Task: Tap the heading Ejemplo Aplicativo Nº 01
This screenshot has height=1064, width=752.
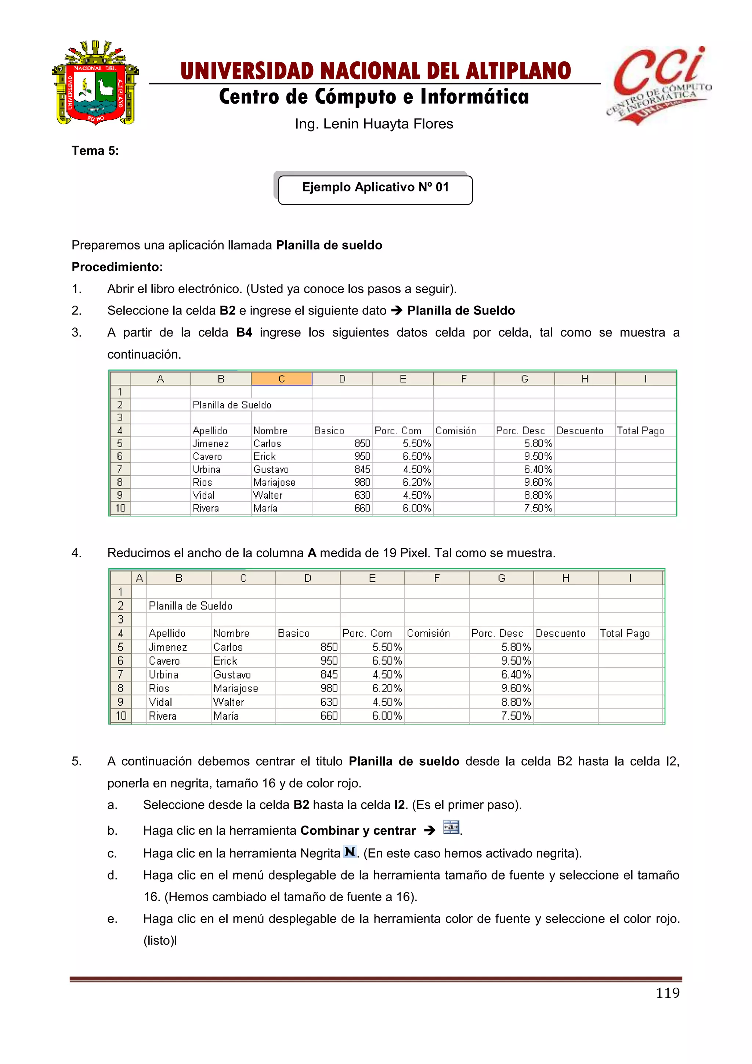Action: [x=375, y=188]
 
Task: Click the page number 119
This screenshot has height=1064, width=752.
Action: [x=667, y=993]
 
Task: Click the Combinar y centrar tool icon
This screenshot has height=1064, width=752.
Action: [x=451, y=827]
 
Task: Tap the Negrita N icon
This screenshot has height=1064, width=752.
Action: [x=350, y=851]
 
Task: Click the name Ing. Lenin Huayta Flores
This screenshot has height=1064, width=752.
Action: [x=374, y=124]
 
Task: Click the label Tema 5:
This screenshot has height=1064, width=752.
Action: [x=95, y=151]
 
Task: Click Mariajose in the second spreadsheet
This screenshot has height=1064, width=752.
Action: [x=236, y=689]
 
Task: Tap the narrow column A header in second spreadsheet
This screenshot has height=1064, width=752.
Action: [x=139, y=578]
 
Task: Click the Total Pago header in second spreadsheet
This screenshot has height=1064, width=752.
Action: [x=625, y=633]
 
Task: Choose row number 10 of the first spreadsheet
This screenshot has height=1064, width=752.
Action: [x=120, y=508]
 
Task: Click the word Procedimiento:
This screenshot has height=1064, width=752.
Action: [x=117, y=267]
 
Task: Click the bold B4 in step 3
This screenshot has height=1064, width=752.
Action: [x=244, y=333]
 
